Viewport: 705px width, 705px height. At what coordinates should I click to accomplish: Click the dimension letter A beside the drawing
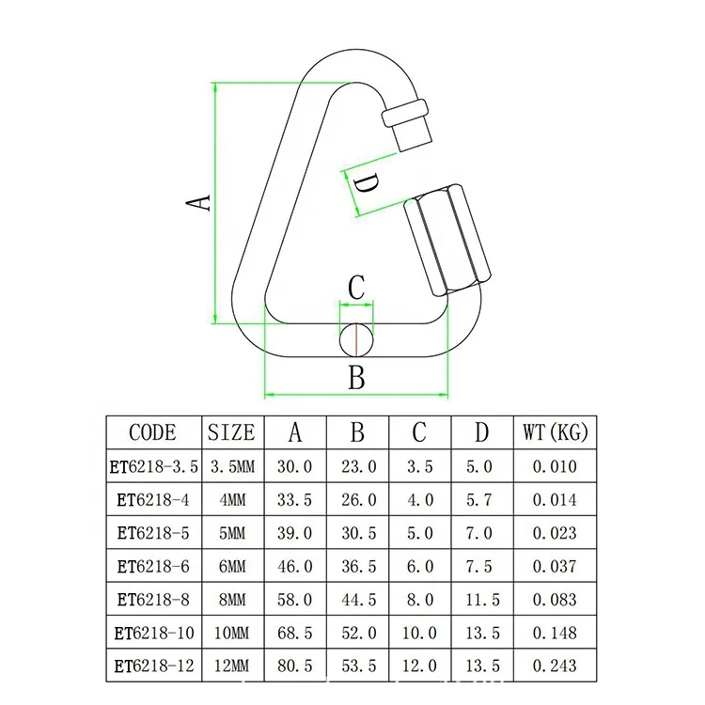pyautogui.click(x=196, y=201)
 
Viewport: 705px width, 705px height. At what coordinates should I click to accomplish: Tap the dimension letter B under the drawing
pyautogui.click(x=356, y=378)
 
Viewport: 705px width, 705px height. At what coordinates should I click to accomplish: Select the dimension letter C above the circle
pyautogui.click(x=356, y=289)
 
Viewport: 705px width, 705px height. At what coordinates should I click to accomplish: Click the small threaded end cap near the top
pyautogui.click(x=411, y=122)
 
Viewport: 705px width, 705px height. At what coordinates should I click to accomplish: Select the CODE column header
pyautogui.click(x=152, y=432)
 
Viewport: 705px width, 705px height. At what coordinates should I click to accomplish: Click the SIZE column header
pyautogui.click(x=231, y=432)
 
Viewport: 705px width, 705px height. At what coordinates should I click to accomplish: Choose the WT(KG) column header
pyautogui.click(x=555, y=432)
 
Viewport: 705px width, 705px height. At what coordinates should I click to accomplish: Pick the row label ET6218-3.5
pyautogui.click(x=152, y=466)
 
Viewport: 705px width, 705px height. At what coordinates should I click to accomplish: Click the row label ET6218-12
pyautogui.click(x=152, y=666)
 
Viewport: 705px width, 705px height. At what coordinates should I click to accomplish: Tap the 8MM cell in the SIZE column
pyautogui.click(x=231, y=599)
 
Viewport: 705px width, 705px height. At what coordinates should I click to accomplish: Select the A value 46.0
pyautogui.click(x=294, y=566)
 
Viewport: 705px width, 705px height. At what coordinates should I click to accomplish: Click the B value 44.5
pyautogui.click(x=357, y=599)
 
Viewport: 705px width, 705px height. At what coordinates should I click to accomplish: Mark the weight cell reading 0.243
pyautogui.click(x=555, y=666)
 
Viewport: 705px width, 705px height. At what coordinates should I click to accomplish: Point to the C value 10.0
pyautogui.click(x=419, y=633)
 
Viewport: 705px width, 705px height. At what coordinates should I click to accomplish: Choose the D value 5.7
pyautogui.click(x=480, y=500)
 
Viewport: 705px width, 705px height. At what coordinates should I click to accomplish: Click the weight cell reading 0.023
pyautogui.click(x=555, y=533)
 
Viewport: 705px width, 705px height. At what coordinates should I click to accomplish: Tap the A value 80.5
pyautogui.click(x=294, y=666)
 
